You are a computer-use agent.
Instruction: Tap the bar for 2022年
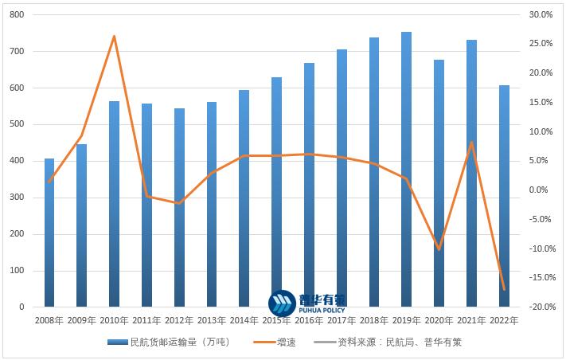click(504, 196)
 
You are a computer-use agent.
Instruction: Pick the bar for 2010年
click(114, 204)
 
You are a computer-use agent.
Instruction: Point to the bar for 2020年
click(439, 183)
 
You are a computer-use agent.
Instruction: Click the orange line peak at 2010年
click(114, 36)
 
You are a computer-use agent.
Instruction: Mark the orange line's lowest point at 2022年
click(504, 289)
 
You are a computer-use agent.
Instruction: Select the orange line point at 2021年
click(471, 143)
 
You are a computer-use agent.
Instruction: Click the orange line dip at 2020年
click(439, 249)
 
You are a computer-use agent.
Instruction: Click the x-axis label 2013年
click(211, 320)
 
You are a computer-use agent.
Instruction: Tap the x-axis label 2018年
click(373, 320)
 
